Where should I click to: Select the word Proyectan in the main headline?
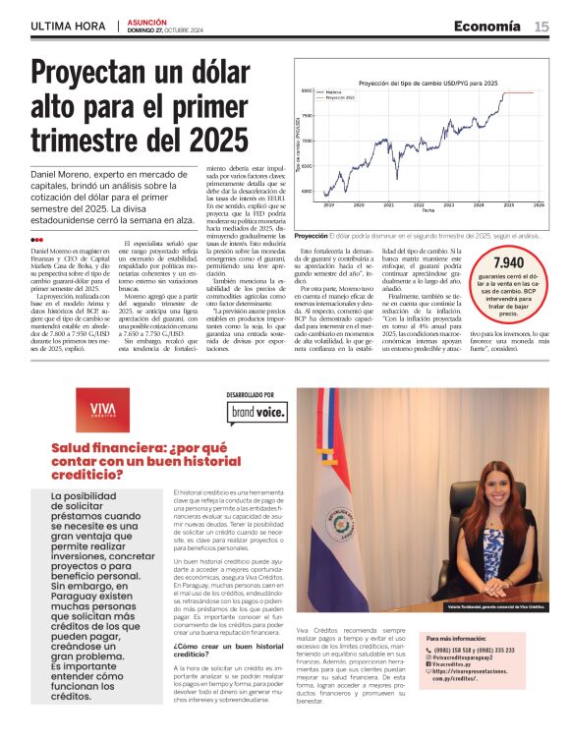pos(108,75)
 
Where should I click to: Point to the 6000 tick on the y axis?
pos(306,192)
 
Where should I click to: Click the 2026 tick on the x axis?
pos(538,204)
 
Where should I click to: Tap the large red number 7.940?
pos(507,263)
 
